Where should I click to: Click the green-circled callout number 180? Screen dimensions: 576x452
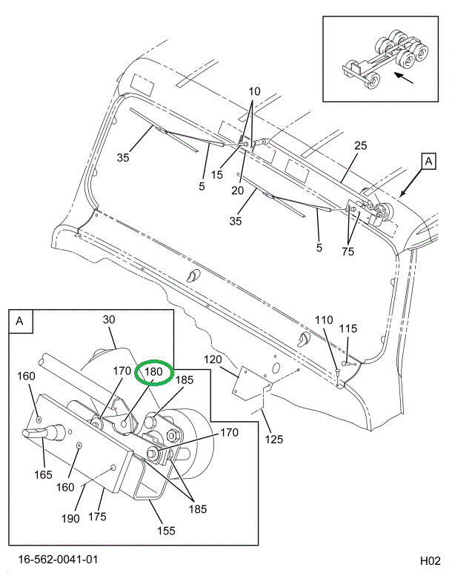point(153,372)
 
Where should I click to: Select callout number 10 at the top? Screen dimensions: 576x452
point(254,93)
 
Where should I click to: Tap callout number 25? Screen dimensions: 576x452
point(360,146)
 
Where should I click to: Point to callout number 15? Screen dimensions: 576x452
point(216,175)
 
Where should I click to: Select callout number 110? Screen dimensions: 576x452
point(325,320)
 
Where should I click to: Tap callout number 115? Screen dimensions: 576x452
point(348,328)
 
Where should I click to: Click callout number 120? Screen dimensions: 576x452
point(213,360)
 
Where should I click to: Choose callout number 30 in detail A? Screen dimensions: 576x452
point(109,320)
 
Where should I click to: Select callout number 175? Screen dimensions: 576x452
point(98,515)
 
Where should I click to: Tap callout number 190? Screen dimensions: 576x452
point(70,519)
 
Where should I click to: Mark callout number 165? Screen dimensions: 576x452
point(43,474)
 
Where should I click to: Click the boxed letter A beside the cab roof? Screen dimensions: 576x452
point(428,160)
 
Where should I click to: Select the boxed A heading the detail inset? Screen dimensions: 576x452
point(19,321)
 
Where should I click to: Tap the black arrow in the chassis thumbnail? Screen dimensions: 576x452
point(404,76)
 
